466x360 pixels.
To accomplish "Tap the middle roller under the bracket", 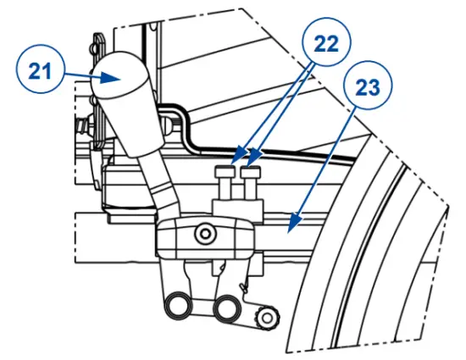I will click(227, 307).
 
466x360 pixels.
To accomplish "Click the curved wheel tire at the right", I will click(373, 254).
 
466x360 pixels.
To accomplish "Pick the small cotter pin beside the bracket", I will click(246, 288).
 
